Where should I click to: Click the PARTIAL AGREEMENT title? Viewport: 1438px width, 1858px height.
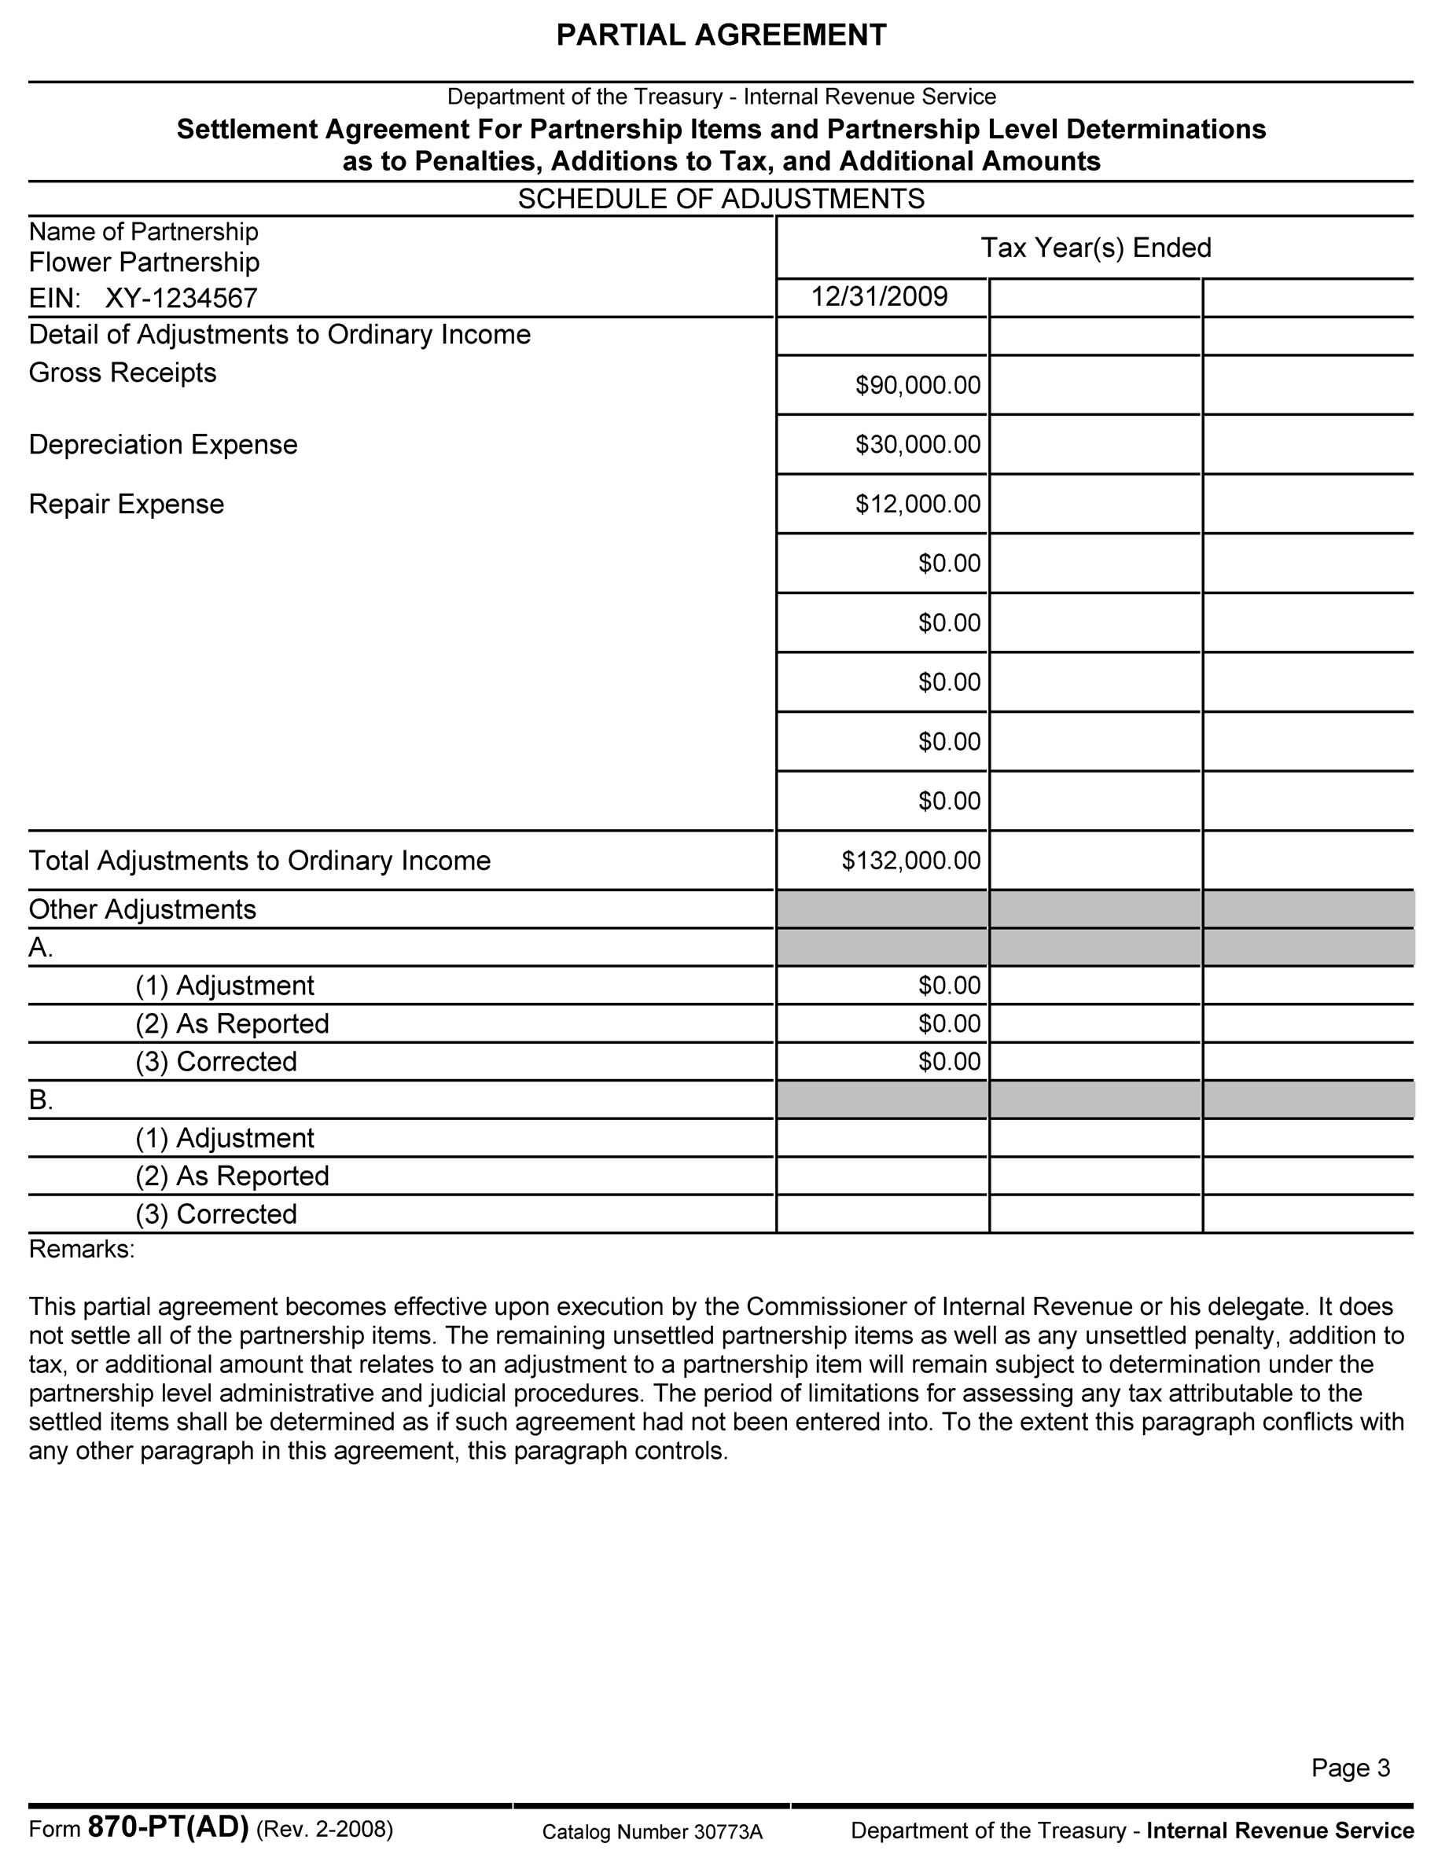pyautogui.click(x=721, y=35)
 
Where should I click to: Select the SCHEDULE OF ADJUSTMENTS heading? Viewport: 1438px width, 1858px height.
pyautogui.click(x=721, y=199)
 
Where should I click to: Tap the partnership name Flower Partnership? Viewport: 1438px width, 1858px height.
pyautogui.click(x=144, y=262)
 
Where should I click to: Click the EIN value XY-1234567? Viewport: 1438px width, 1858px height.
pyautogui.click(x=182, y=299)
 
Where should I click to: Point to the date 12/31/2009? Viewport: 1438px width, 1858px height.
pyautogui.click(x=879, y=296)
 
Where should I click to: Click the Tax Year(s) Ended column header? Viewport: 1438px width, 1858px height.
pyautogui.click(x=1095, y=248)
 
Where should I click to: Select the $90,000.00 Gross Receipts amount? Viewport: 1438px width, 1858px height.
pyautogui.click(x=918, y=385)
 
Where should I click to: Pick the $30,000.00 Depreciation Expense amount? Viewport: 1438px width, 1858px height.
pyautogui.click(x=918, y=445)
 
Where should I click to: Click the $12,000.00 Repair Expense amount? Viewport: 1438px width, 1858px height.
pyautogui.click(x=918, y=505)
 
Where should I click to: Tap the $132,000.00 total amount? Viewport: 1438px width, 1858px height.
pyautogui.click(x=910, y=861)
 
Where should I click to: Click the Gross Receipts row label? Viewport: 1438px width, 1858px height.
pyautogui.click(x=123, y=373)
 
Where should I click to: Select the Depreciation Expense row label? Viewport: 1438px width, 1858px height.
pyautogui.click(x=164, y=445)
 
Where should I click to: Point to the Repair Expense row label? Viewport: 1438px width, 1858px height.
pyautogui.click(x=127, y=505)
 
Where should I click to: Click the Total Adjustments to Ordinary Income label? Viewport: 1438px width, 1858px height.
pyautogui.click(x=259, y=861)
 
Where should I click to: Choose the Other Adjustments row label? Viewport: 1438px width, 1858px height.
pyautogui.click(x=142, y=909)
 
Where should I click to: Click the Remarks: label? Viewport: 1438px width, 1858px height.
pyautogui.click(x=82, y=1249)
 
